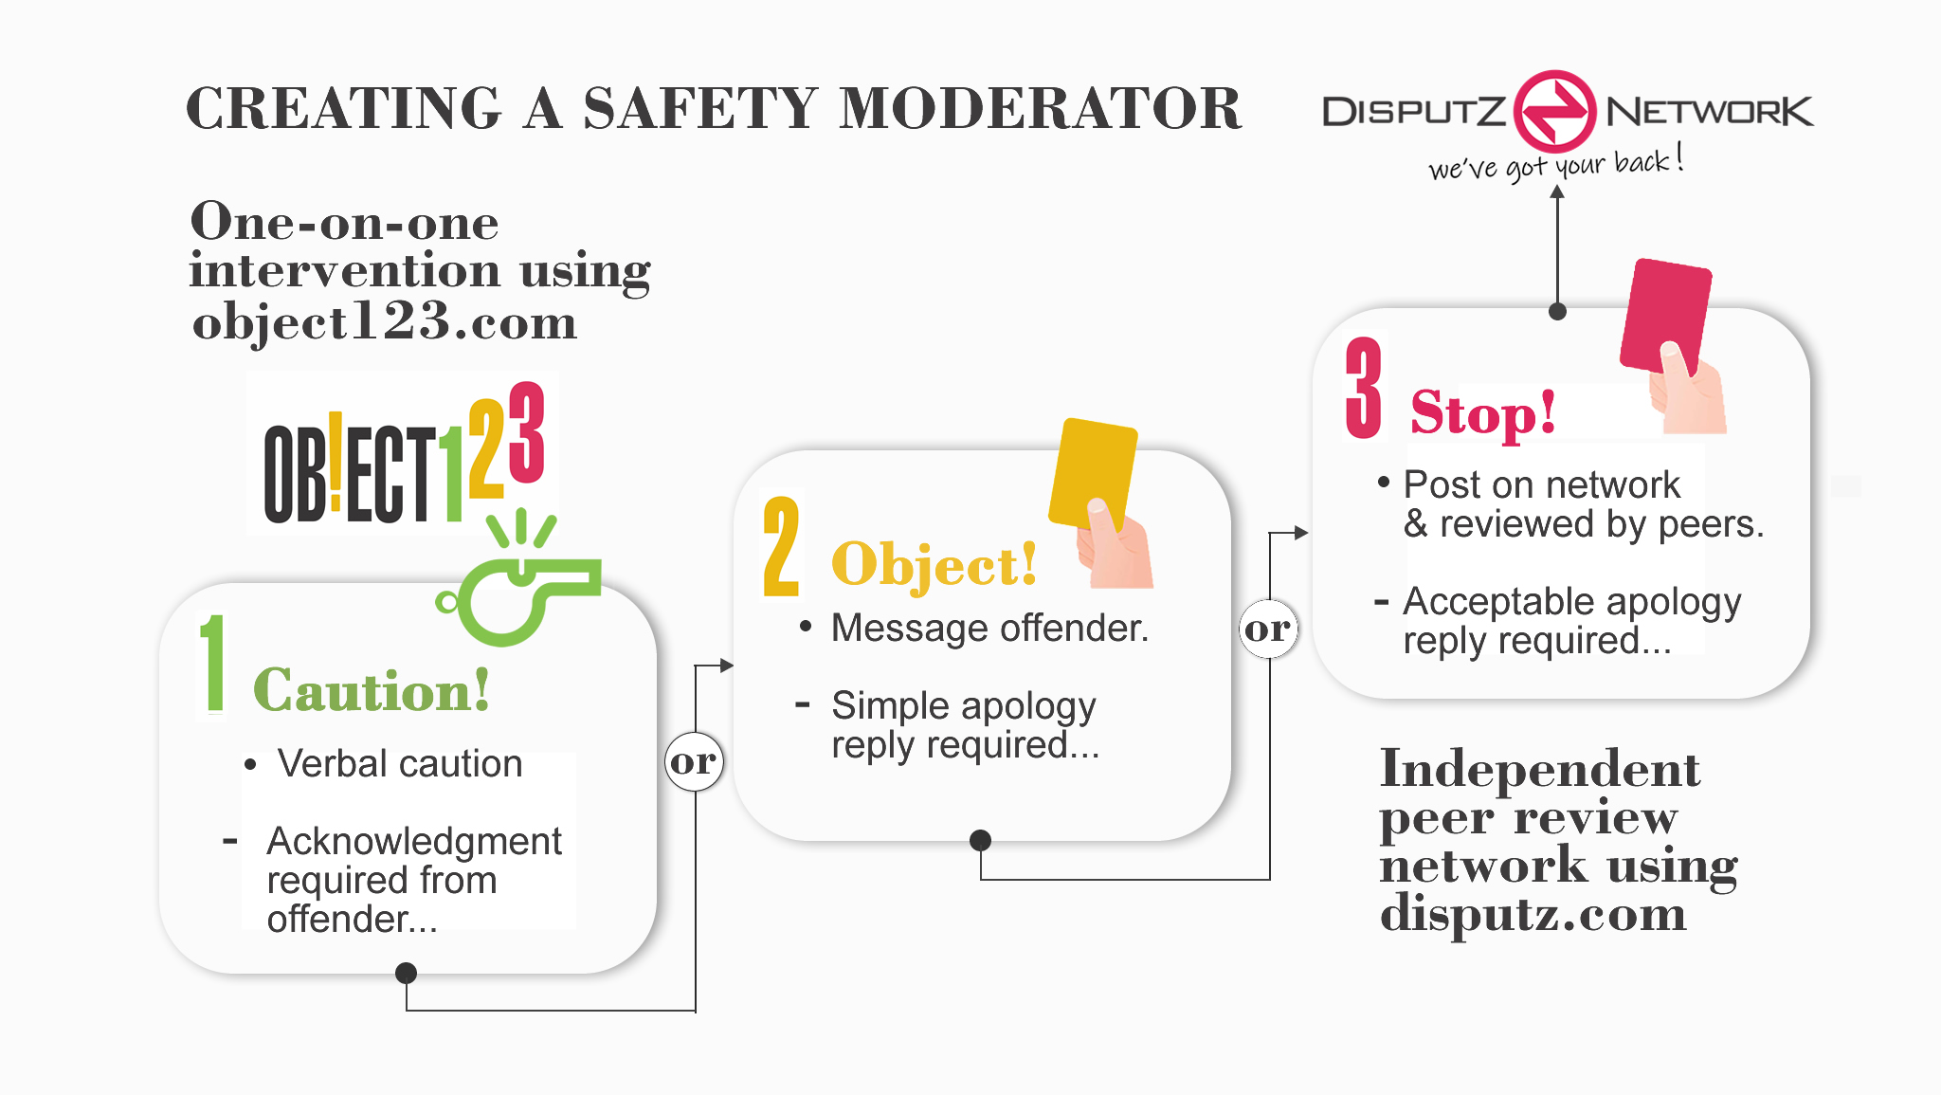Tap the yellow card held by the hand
[x=1093, y=474]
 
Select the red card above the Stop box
[x=1665, y=318]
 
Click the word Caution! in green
[x=372, y=689]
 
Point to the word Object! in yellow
[x=934, y=565]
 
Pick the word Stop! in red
[x=1482, y=413]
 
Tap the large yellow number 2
[x=782, y=547]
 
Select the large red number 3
[x=1364, y=389]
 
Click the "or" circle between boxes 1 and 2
[x=694, y=761]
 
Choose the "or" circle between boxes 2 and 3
[x=1268, y=629]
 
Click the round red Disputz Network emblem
[x=1554, y=111]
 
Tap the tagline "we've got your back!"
[x=1555, y=164]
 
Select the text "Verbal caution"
[x=399, y=763]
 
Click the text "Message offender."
[x=989, y=628]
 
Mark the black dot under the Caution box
[x=406, y=973]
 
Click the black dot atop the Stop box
[x=1557, y=311]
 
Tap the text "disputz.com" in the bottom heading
[x=1533, y=914]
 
